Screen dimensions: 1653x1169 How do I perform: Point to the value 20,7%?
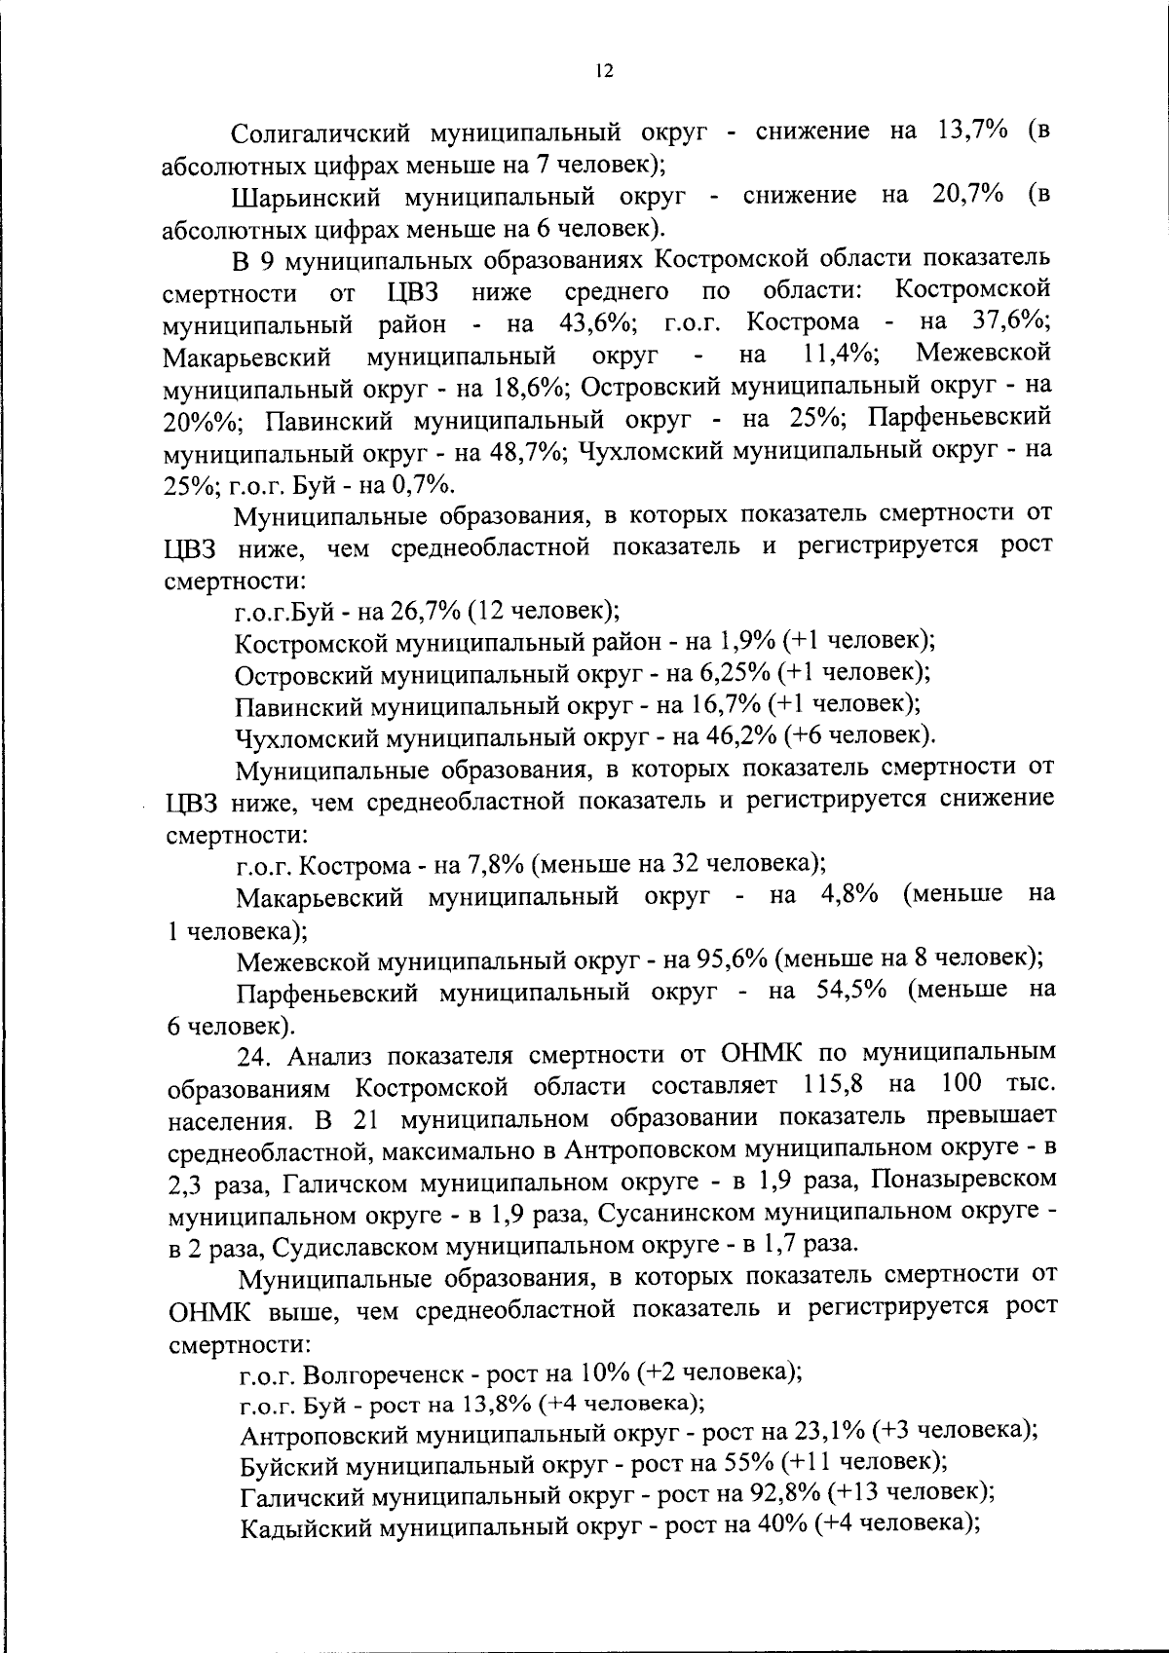968,195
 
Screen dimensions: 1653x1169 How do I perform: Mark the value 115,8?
835,1085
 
